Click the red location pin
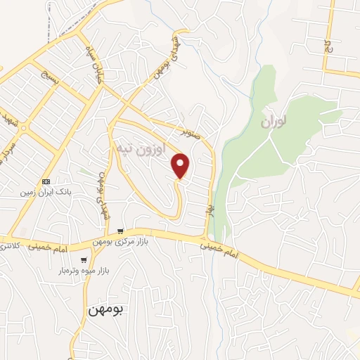point(181,165)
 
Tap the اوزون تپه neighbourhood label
point(141,149)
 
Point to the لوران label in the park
point(274,122)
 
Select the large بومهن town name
point(105,309)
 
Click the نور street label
point(209,210)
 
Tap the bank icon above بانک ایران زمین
point(46,181)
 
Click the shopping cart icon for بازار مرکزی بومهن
point(121,231)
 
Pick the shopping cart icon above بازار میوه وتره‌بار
point(84,260)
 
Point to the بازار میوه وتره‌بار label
point(94,271)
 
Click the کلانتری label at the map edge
point(9,246)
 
